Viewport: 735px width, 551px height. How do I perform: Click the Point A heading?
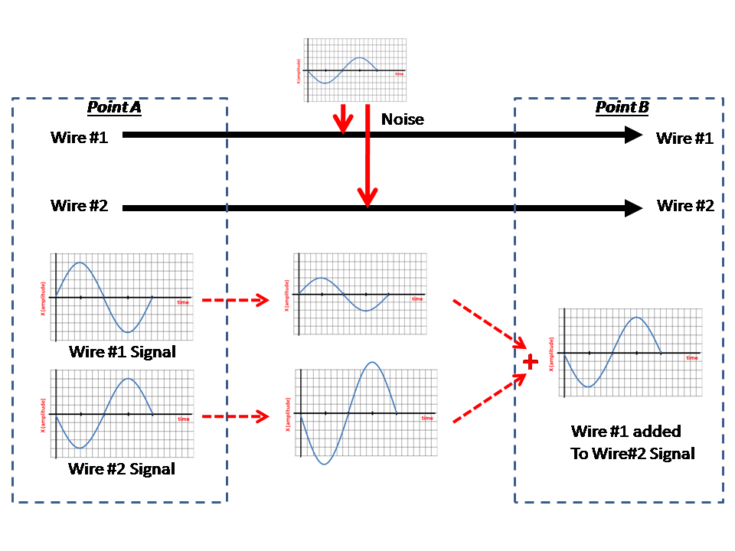pyautogui.click(x=114, y=107)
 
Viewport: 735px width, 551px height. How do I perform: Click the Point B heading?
pyautogui.click(x=622, y=107)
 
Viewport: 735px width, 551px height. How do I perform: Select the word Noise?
pyautogui.click(x=403, y=119)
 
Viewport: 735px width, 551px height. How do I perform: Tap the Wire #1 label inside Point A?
pyautogui.click(x=80, y=138)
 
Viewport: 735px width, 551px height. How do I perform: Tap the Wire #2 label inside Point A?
pyautogui.click(x=80, y=206)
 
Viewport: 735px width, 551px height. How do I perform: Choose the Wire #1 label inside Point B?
pyautogui.click(x=685, y=139)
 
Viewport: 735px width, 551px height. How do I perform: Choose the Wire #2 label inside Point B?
pyautogui.click(x=685, y=206)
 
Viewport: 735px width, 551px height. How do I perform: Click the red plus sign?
pyautogui.click(x=529, y=360)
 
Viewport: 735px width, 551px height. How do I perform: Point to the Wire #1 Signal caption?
pyautogui.click(x=122, y=352)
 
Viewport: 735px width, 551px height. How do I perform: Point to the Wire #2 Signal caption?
pyautogui.click(x=122, y=468)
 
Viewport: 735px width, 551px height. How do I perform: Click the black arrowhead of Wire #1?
pyautogui.click(x=633, y=135)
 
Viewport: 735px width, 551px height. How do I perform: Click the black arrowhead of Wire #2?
pyautogui.click(x=633, y=207)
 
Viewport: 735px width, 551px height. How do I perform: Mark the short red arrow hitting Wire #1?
pyautogui.click(x=343, y=119)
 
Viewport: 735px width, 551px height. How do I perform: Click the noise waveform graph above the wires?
pyautogui.click(x=353, y=70)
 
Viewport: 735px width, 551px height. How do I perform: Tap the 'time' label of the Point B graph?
pyautogui.click(x=691, y=358)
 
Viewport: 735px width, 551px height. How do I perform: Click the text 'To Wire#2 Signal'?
pyautogui.click(x=632, y=454)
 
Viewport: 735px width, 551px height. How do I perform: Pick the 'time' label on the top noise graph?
pyautogui.click(x=399, y=74)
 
